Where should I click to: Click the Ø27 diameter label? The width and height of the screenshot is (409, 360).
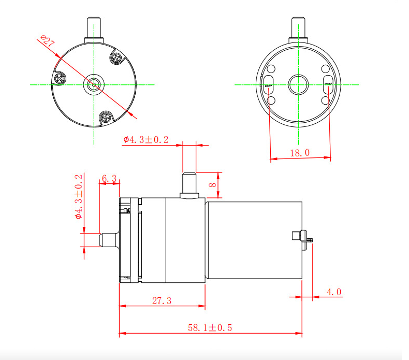[47, 42]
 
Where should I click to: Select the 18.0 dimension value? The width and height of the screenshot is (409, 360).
[300, 152]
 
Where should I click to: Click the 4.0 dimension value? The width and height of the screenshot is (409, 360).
[334, 293]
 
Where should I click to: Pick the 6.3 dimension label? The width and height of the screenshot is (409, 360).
[109, 178]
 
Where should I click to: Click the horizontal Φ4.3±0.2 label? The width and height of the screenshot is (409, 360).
[146, 140]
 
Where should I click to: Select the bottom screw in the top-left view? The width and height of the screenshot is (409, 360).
[106, 118]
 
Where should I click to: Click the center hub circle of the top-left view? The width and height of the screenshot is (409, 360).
[94, 83]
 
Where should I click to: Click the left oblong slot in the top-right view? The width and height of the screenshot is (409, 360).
[269, 83]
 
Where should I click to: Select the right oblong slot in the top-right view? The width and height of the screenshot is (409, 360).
[328, 83]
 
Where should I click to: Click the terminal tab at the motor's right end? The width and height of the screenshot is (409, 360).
[301, 236]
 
